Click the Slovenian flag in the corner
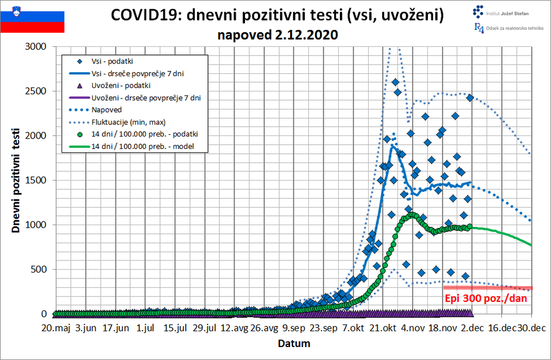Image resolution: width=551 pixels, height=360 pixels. pos(32,18)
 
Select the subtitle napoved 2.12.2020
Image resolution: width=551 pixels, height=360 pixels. pos(278,35)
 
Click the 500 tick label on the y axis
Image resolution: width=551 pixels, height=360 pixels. pos(39,270)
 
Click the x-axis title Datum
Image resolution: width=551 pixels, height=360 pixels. pos(294,343)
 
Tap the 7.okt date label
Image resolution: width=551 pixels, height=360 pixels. pos(355,329)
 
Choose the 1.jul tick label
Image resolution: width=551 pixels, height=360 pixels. pos(145,329)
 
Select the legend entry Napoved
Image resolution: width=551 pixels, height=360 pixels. pos(106,110)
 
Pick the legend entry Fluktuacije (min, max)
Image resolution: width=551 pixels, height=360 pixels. pos(128,122)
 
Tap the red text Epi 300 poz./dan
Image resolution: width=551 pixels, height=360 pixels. pos(486,298)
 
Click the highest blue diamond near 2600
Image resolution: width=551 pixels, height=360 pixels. pos(395,82)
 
